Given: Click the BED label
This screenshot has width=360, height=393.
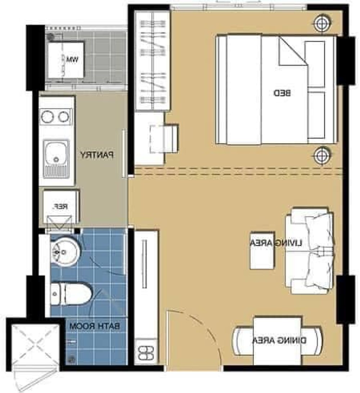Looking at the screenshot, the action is click(282, 93).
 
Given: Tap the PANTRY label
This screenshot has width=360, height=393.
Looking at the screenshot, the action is click(97, 155).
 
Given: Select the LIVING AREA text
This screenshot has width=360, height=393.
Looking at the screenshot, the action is click(276, 243).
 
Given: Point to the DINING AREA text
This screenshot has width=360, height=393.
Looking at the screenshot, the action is click(279, 341).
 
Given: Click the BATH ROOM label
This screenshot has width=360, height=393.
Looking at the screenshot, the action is click(95, 326).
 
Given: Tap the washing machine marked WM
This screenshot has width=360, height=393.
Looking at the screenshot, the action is click(66, 60).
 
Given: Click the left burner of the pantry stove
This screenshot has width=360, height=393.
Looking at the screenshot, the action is click(47, 117).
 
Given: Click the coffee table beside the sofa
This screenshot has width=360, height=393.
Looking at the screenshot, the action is click(262, 250).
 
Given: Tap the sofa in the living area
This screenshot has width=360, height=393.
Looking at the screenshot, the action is click(310, 250).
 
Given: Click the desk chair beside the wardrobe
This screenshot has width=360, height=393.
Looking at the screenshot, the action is click(164, 138).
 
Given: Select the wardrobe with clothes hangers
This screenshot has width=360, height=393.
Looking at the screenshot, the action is click(153, 61).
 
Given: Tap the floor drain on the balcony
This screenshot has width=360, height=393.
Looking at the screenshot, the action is click(51, 37).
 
